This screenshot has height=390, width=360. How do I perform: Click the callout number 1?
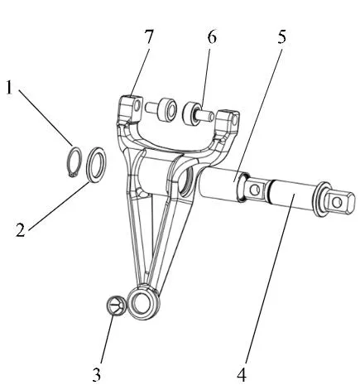(x=10, y=88)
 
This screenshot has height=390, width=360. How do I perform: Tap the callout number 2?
(x=21, y=229)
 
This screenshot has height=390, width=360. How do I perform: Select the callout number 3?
(x=97, y=374)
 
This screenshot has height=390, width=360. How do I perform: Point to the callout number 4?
(x=242, y=374)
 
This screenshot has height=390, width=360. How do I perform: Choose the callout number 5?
(x=281, y=36)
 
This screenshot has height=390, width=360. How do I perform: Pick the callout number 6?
(x=212, y=36)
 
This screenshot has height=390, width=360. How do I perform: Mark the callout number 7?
(x=149, y=36)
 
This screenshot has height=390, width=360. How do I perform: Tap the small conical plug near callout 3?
(x=116, y=305)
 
